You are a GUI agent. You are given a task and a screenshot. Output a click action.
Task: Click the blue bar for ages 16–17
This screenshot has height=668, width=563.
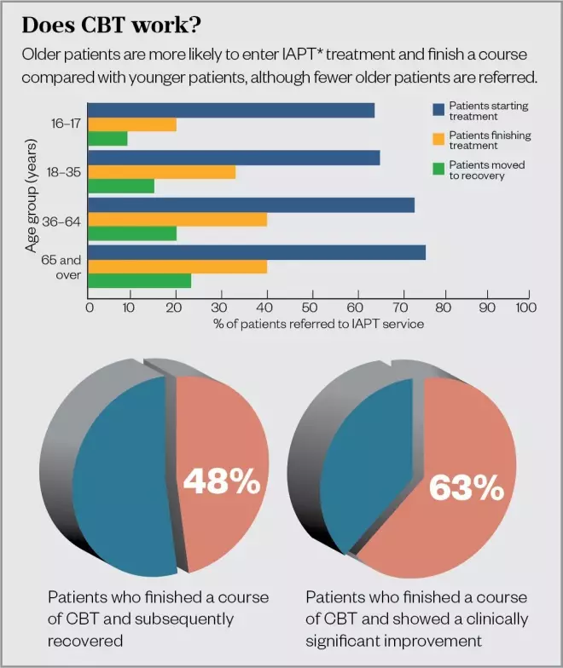pos(231,110)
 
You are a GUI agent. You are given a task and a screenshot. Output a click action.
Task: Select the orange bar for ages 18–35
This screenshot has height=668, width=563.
pos(161,172)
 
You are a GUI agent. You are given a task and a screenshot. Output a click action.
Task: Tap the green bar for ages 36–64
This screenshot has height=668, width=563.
pos(132,233)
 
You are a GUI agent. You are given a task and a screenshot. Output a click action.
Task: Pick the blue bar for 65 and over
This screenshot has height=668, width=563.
pos(257,252)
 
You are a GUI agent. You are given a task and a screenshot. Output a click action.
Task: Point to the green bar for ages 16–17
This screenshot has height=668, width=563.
pos(107,138)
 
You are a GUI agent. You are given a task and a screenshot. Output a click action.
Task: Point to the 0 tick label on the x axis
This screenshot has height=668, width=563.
pos(89,308)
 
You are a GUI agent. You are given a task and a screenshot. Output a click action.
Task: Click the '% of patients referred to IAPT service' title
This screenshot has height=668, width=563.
pos(308,324)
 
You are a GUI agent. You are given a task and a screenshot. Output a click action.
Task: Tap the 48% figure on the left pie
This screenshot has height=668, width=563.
pos(222,482)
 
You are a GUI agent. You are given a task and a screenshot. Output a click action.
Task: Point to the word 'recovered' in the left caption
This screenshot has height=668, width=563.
pos(85,640)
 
